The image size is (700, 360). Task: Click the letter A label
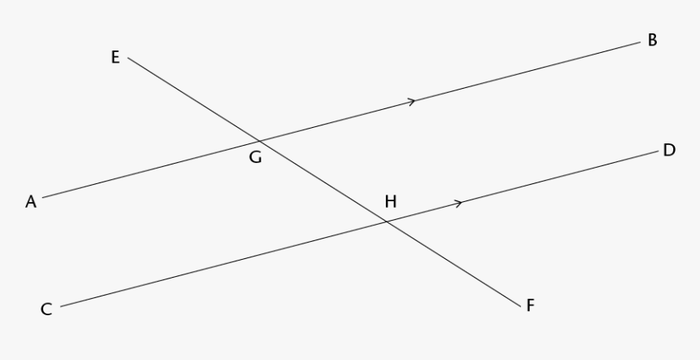tap(31, 202)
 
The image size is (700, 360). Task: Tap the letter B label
tap(652, 40)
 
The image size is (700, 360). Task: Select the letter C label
tap(46, 309)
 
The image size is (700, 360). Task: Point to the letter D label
tap(669, 150)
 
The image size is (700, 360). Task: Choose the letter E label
tap(116, 57)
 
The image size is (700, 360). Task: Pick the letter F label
tap(531, 305)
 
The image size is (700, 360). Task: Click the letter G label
tap(256, 157)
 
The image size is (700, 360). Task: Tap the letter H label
tap(391, 202)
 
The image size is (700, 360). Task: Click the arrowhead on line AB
tap(412, 101)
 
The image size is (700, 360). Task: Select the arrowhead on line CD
tap(458, 204)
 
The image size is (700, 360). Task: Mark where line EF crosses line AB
tap(260, 141)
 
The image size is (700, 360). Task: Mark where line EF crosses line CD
tap(386, 222)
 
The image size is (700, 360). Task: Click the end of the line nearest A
tap(43, 197)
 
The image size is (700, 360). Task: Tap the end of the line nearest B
tap(641, 42)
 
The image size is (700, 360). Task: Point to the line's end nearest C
tap(61, 306)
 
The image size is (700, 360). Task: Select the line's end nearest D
tap(658, 151)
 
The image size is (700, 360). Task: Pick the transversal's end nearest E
tap(128, 58)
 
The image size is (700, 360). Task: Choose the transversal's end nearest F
tap(521, 307)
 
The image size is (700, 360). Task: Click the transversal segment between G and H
tap(323, 182)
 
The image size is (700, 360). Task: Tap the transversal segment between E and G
tap(194, 99)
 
